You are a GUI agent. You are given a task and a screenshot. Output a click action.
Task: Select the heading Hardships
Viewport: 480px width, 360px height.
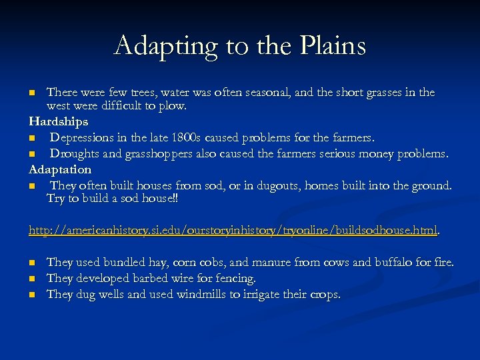(x=59, y=122)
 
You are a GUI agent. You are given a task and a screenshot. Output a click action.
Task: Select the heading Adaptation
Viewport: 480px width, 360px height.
(x=60, y=169)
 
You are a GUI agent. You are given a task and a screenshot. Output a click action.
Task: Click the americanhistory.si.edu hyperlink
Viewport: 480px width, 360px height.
(x=233, y=231)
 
